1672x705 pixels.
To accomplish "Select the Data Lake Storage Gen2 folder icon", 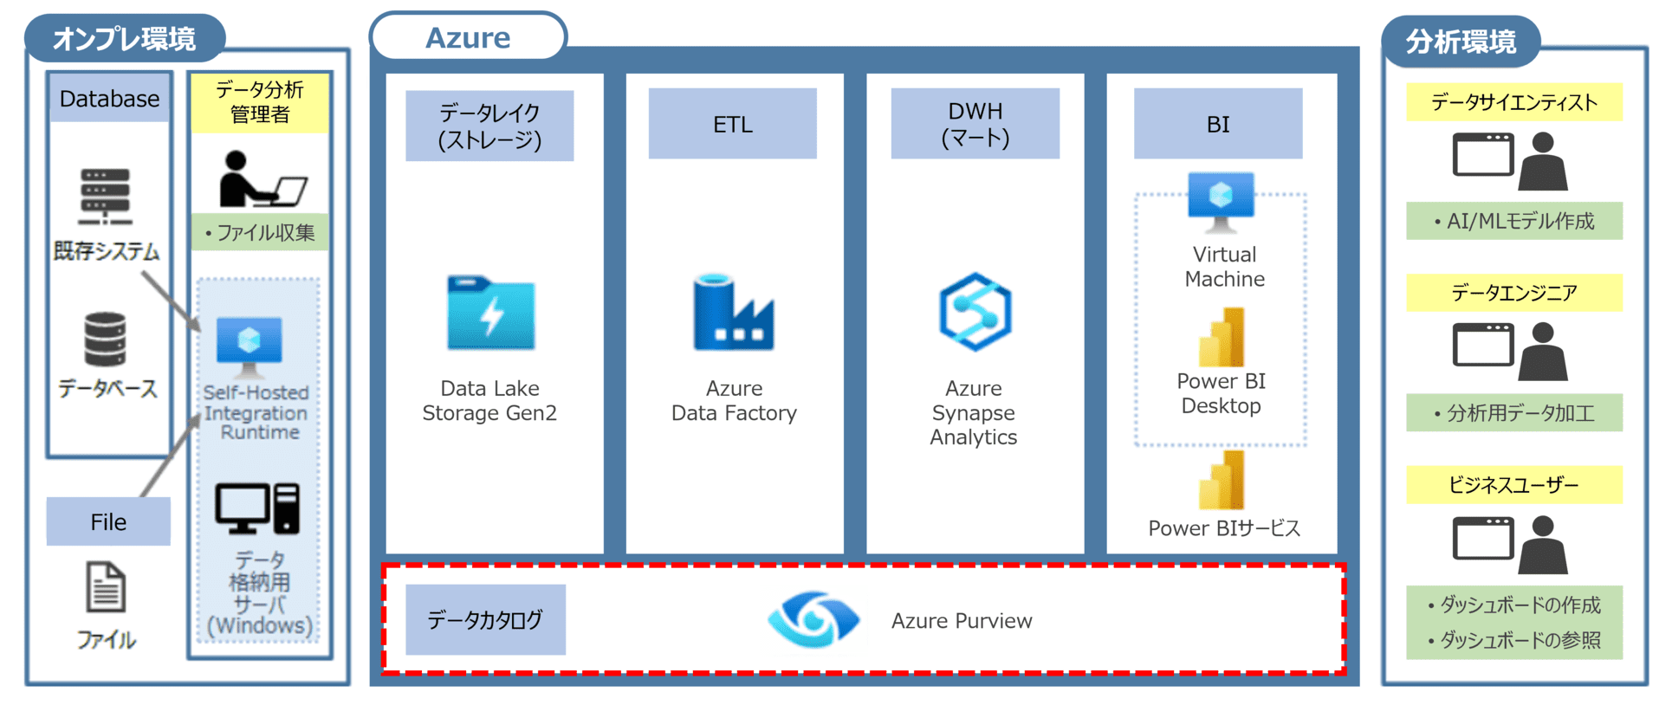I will (490, 313).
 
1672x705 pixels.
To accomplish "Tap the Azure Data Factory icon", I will (733, 313).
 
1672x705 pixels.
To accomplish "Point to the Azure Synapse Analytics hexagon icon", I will (975, 312).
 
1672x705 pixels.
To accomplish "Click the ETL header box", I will (732, 124).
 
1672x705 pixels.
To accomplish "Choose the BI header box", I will (1217, 124).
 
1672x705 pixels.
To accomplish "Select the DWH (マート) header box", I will (975, 124).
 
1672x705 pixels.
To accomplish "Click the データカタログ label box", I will (485, 619).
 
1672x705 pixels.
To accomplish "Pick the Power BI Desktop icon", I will (1222, 338).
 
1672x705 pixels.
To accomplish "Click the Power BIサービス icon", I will (1222, 480).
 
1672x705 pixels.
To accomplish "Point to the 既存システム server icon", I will (105, 196).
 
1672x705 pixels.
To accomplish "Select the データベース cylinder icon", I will (105, 339).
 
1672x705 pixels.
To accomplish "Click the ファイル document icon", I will (106, 587).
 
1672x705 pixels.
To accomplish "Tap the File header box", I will (108, 521).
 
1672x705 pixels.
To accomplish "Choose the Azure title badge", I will (468, 37).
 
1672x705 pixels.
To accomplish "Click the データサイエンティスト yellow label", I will (1513, 102).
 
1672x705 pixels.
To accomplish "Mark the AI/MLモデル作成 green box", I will (1513, 221).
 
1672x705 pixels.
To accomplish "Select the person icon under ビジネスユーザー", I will (1543, 546).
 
